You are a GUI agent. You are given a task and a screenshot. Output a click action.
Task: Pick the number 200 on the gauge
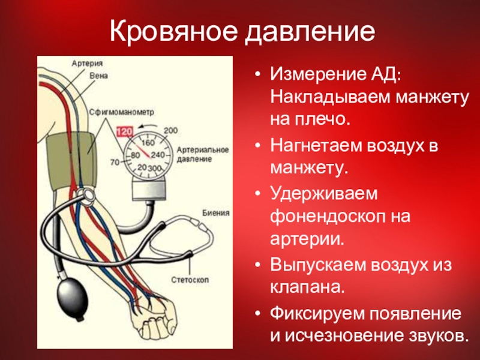click(x=171, y=130)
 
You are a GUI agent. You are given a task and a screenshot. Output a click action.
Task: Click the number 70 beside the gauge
click(x=115, y=161)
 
